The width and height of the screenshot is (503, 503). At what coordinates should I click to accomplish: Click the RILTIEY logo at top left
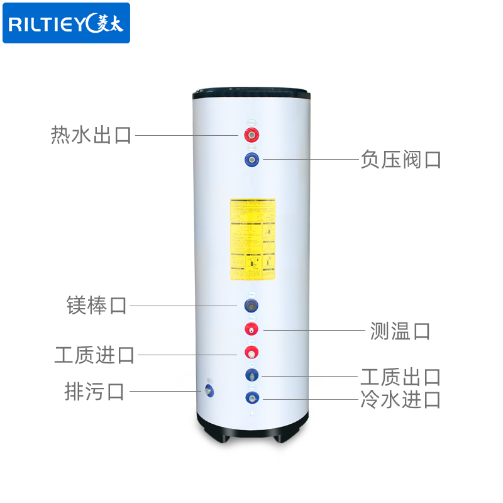point(66,23)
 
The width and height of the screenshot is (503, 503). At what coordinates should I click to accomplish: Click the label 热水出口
point(91,135)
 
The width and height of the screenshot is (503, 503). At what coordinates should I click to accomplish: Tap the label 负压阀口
point(401,159)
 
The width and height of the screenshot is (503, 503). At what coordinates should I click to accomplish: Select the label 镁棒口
point(97,306)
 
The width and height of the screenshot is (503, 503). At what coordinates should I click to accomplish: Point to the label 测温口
point(401,330)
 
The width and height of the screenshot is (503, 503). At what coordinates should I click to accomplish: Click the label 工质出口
point(401,377)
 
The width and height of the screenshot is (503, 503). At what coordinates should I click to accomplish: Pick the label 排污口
point(95,391)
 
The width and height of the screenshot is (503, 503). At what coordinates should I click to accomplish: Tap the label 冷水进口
point(401,399)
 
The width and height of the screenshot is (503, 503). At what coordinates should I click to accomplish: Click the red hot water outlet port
point(251,135)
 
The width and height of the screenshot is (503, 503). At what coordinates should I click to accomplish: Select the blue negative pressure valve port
point(251,159)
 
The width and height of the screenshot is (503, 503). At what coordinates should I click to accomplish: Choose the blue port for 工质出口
point(251,375)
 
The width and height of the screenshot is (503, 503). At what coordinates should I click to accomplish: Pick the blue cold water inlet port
point(251,397)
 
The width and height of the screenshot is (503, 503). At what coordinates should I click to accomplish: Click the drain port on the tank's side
point(208,390)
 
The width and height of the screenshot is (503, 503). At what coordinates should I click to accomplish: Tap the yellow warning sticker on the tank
point(252,240)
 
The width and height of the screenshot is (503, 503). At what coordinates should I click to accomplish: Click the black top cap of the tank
point(251,91)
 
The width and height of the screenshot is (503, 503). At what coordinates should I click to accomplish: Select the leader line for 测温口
point(314,329)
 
